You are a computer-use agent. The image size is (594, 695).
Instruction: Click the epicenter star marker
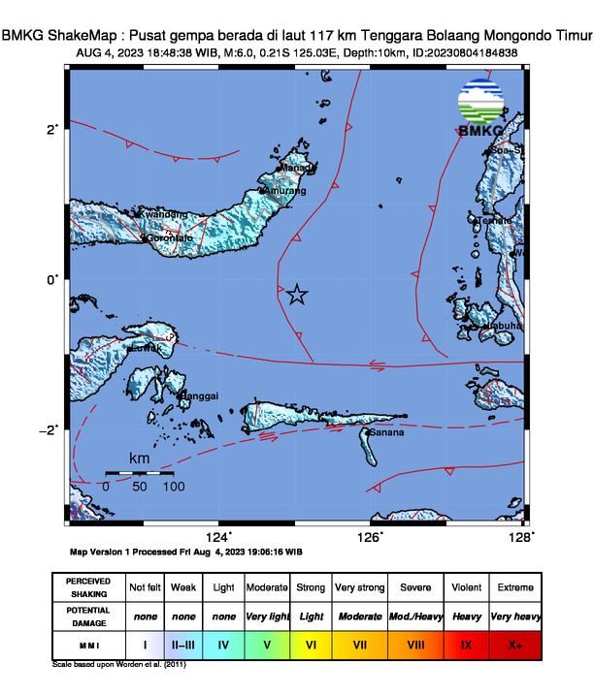click(x=296, y=295)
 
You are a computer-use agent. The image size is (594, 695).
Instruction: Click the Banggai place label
click(x=201, y=395)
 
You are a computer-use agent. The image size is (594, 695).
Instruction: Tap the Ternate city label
click(x=497, y=220)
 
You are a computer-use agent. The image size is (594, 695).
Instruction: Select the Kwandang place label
click(x=163, y=214)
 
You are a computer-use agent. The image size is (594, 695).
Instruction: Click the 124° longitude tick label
click(x=219, y=537)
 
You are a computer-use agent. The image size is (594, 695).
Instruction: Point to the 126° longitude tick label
click(x=371, y=537)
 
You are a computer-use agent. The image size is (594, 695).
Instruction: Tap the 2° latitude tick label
click(x=54, y=128)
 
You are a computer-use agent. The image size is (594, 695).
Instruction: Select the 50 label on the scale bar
click(x=140, y=487)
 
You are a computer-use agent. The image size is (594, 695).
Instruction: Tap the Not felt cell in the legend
click(x=146, y=587)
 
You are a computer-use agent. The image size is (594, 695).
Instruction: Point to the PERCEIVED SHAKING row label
click(x=88, y=587)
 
